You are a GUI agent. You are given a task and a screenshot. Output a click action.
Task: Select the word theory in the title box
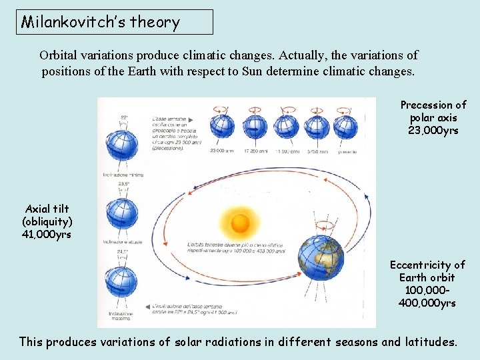click(155, 22)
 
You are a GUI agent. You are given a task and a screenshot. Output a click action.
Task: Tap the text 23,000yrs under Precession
click(433, 131)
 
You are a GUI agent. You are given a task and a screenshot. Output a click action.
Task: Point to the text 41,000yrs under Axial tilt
click(47, 235)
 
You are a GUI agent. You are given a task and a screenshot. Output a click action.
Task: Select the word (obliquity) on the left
click(47, 222)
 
